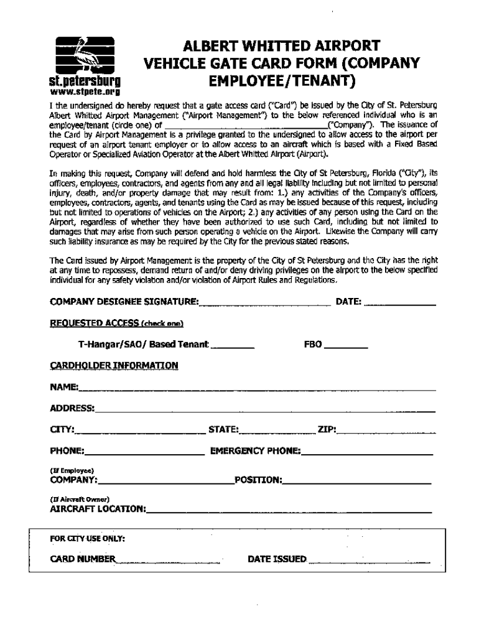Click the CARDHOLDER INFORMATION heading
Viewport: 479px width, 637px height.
click(x=114, y=366)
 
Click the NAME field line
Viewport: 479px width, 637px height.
click(x=256, y=389)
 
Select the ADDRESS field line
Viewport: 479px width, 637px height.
click(x=264, y=410)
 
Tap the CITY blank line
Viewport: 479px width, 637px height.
click(x=140, y=431)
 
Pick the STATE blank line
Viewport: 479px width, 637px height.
click(x=278, y=431)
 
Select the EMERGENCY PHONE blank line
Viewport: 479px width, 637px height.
click(x=367, y=452)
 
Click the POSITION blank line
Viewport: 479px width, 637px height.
click(x=357, y=481)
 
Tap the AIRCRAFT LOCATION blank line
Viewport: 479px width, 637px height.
click(x=289, y=511)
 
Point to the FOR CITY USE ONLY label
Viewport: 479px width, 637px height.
click(x=88, y=538)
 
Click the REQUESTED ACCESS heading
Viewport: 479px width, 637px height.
click(x=116, y=323)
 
